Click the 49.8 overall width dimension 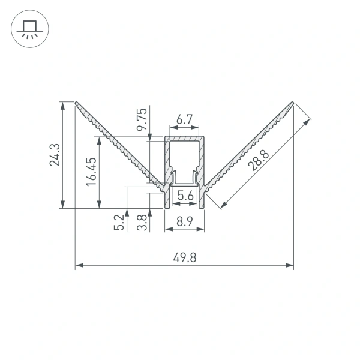tap(184, 258)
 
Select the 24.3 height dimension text tap(55, 155)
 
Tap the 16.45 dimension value tap(91, 173)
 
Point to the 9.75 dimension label tap(142, 121)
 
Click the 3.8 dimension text tap(141, 221)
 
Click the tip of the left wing tap(77, 102)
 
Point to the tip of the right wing tap(293, 103)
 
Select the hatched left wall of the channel tap(167, 162)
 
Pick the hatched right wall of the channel tap(203, 162)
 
